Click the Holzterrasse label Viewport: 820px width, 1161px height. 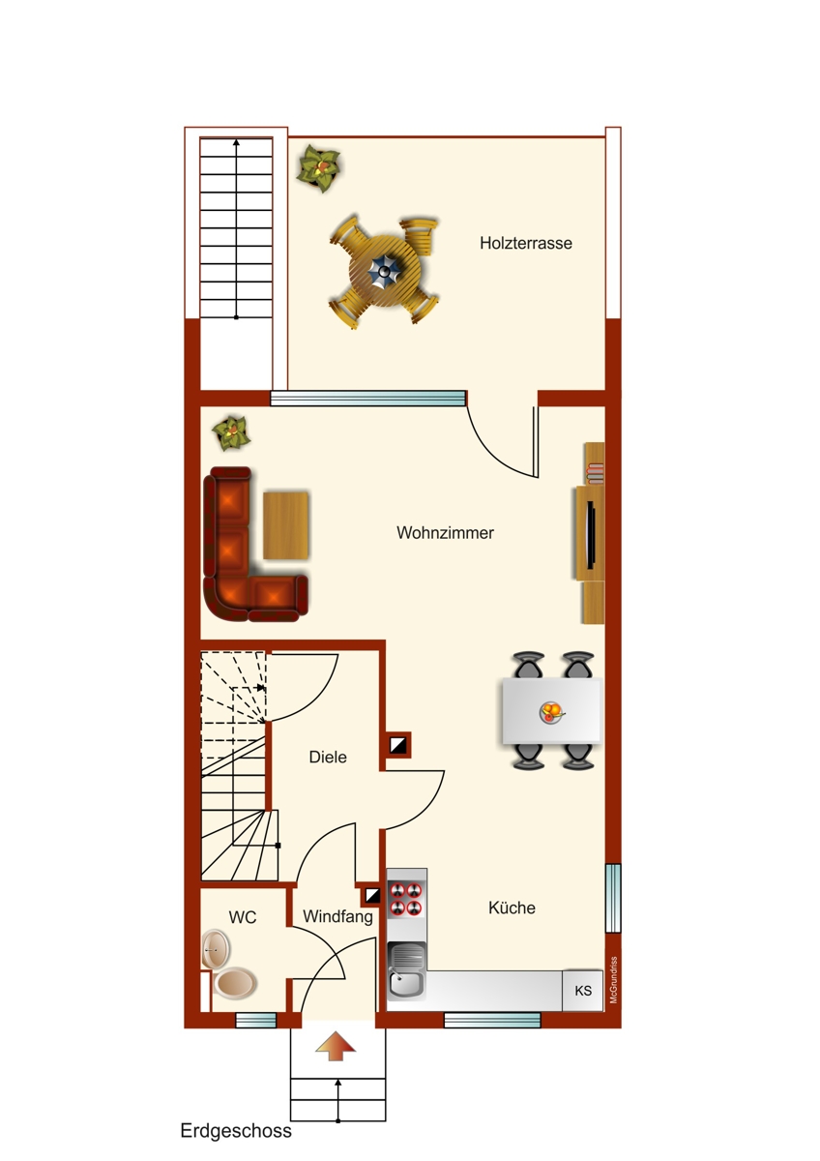pyautogui.click(x=526, y=243)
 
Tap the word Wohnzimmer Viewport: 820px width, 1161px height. pyautogui.click(x=446, y=532)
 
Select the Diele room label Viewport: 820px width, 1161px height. pyautogui.click(x=328, y=757)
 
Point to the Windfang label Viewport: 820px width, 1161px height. pyautogui.click(x=337, y=917)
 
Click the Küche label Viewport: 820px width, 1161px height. pyautogui.click(x=512, y=908)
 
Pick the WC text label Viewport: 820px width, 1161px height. pyautogui.click(x=243, y=917)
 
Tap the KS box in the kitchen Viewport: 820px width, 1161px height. pyautogui.click(x=583, y=991)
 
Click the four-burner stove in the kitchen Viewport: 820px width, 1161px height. pyautogui.click(x=406, y=899)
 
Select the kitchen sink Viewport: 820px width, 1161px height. pyautogui.click(x=407, y=971)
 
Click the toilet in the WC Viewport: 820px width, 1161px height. pyautogui.click(x=235, y=983)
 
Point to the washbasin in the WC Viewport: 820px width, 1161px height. pyautogui.click(x=216, y=949)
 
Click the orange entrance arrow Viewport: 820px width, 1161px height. pyautogui.click(x=336, y=1046)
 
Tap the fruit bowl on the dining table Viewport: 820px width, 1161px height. pyautogui.click(x=551, y=712)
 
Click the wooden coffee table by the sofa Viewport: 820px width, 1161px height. pyautogui.click(x=286, y=525)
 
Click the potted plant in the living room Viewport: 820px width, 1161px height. pyautogui.click(x=231, y=432)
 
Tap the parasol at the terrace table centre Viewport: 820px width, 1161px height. pyautogui.click(x=384, y=272)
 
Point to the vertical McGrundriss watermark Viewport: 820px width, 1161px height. pyautogui.click(x=614, y=979)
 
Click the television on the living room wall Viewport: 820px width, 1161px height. pyautogui.click(x=591, y=532)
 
